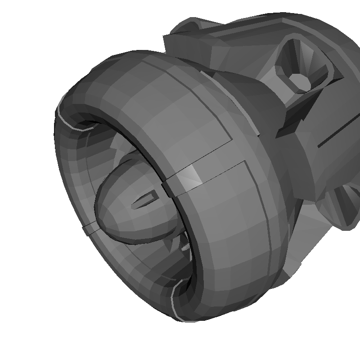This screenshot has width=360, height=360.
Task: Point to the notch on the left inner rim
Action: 90,229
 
